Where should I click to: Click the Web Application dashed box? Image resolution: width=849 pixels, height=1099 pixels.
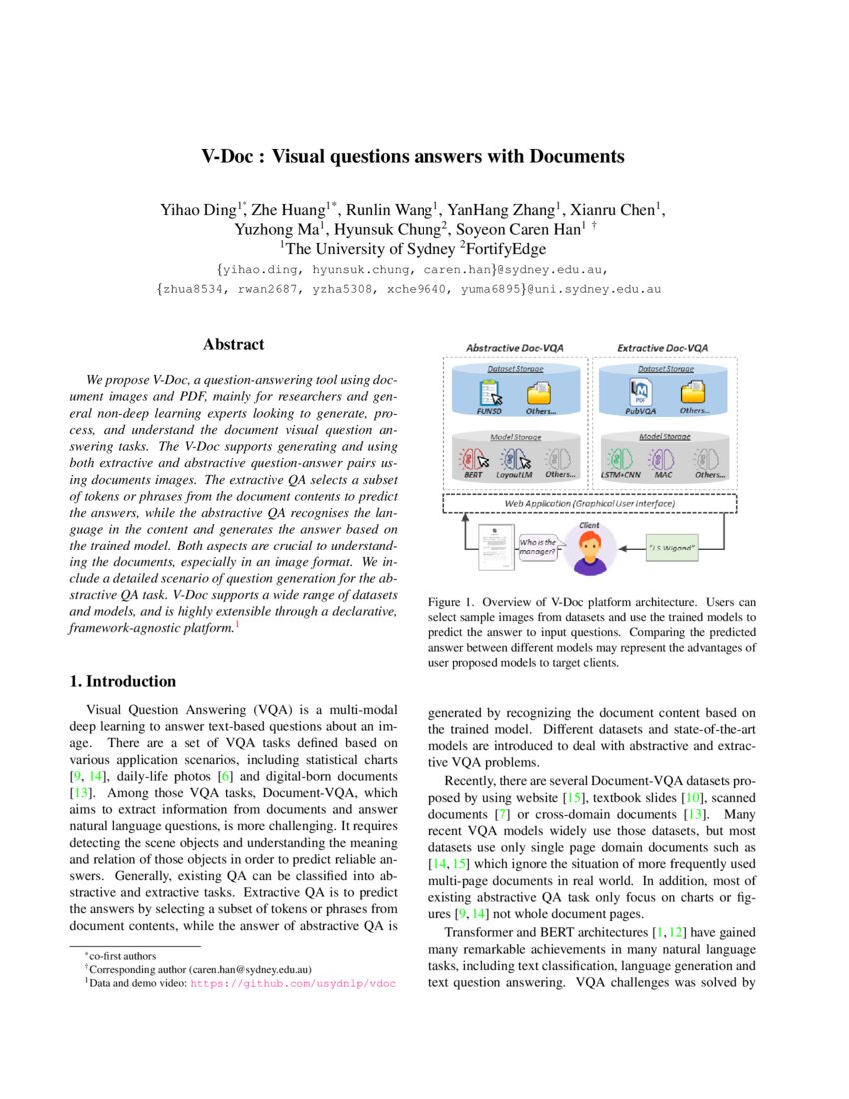coord(589,503)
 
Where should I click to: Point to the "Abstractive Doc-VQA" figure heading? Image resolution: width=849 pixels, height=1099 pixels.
coord(514,348)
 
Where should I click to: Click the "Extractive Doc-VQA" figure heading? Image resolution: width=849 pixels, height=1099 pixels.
coord(663,348)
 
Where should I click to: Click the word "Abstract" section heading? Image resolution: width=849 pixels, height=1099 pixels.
coord(233,344)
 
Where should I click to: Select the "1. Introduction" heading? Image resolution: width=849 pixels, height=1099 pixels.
coord(122,681)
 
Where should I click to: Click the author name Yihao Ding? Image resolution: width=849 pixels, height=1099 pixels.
coord(200,210)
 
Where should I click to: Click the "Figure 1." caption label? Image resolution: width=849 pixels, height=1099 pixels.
coord(455,603)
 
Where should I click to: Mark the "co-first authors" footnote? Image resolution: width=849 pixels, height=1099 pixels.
coord(120,956)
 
